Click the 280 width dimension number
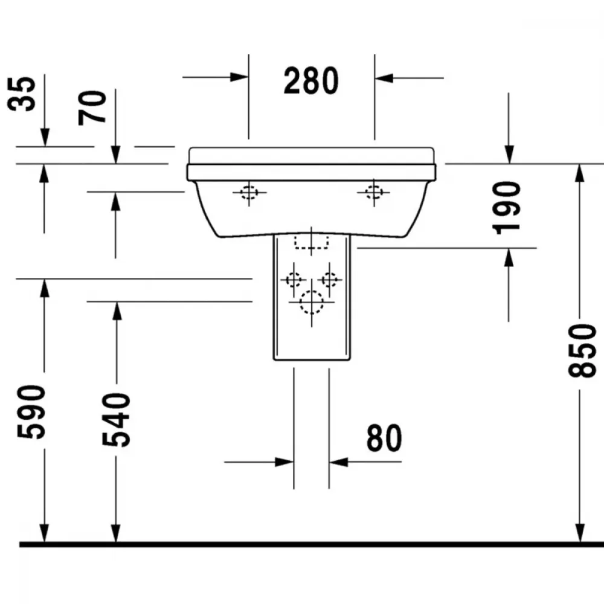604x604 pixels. coord(311,80)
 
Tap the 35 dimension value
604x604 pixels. coord(22,94)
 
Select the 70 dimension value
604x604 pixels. coord(92,108)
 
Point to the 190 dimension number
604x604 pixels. coord(507,208)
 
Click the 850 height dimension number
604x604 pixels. coord(582,350)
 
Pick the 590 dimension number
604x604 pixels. coord(31,412)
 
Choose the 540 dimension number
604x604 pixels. coord(117,420)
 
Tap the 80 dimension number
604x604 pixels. coord(384,438)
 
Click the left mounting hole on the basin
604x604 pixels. coord(249,192)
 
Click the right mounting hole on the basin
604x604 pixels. coord(374,192)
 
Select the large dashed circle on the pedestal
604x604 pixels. coord(311,303)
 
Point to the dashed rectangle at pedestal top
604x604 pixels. coord(311,242)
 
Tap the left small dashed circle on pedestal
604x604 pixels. coord(294,279)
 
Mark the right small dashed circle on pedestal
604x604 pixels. coord(329,279)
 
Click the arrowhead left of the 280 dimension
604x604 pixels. coord(239,77)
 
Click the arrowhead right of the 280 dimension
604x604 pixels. coord(384,78)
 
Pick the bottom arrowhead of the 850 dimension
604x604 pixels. coord(580,533)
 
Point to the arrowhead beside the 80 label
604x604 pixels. coord(339,461)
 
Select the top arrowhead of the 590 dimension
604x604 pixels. coord(44,288)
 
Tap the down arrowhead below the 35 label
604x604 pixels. coord(45,138)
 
